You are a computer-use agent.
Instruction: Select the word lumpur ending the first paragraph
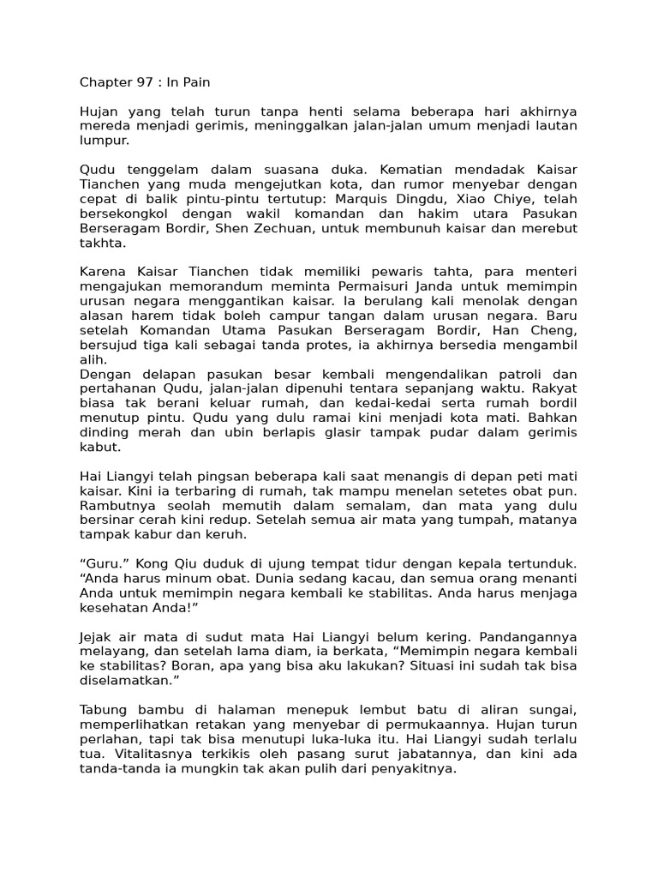click(104, 141)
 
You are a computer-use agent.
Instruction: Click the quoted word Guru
click(101, 563)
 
